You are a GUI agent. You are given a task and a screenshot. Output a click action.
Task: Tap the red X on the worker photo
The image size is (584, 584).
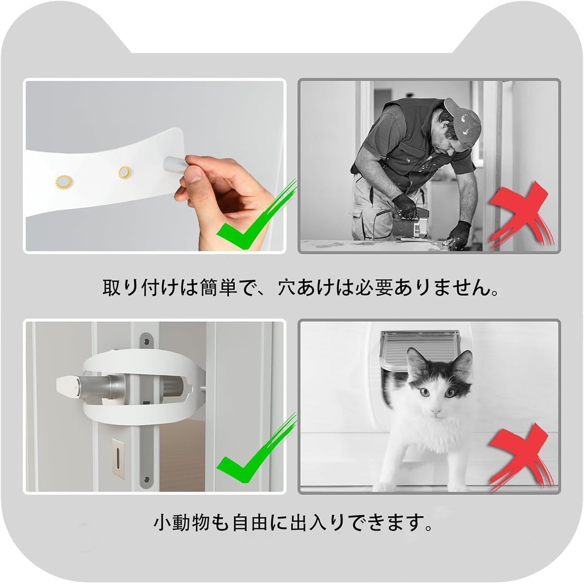coord(521,215)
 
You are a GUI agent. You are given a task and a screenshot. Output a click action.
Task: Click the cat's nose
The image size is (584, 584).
coord(436,412)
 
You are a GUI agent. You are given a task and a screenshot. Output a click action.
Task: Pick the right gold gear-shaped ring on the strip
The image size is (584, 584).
coord(125,172)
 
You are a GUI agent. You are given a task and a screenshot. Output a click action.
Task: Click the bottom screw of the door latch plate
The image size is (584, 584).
coord(147,479)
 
